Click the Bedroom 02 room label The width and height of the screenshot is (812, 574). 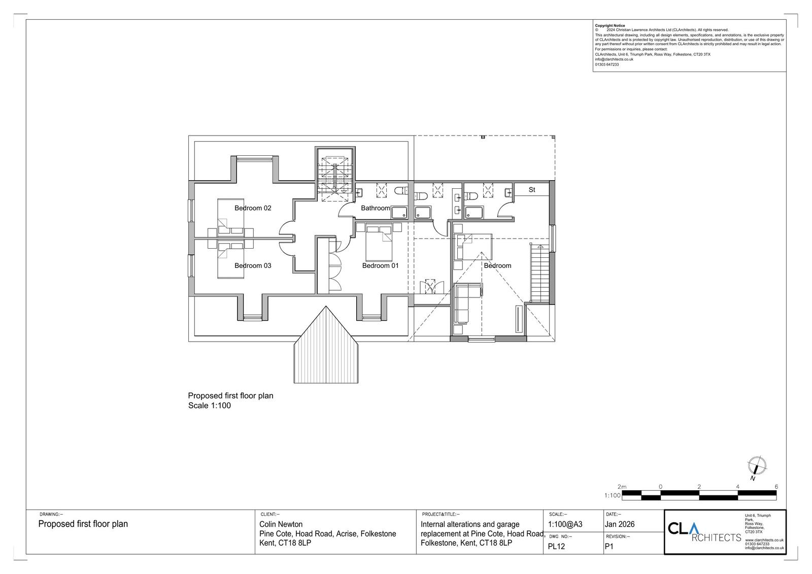pos(253,208)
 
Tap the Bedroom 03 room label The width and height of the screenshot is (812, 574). pos(253,266)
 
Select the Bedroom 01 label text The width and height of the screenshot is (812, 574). pos(380,266)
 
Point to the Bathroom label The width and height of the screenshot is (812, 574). pos(376,208)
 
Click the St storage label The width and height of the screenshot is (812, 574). pos(532,190)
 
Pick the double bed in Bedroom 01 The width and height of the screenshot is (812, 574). pos(379,243)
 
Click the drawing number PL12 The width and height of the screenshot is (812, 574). pos(556,547)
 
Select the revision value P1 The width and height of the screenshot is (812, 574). pos(609,547)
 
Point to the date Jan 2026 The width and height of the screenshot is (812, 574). pos(620,524)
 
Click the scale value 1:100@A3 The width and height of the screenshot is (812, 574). pos(565,524)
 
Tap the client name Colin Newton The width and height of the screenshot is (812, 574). pos(281,524)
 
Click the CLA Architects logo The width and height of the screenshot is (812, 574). pos(704,532)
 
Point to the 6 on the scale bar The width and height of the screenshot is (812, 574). pos(776,487)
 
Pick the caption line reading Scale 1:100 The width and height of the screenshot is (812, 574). pos(210,406)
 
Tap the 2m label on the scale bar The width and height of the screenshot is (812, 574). pos(622,487)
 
